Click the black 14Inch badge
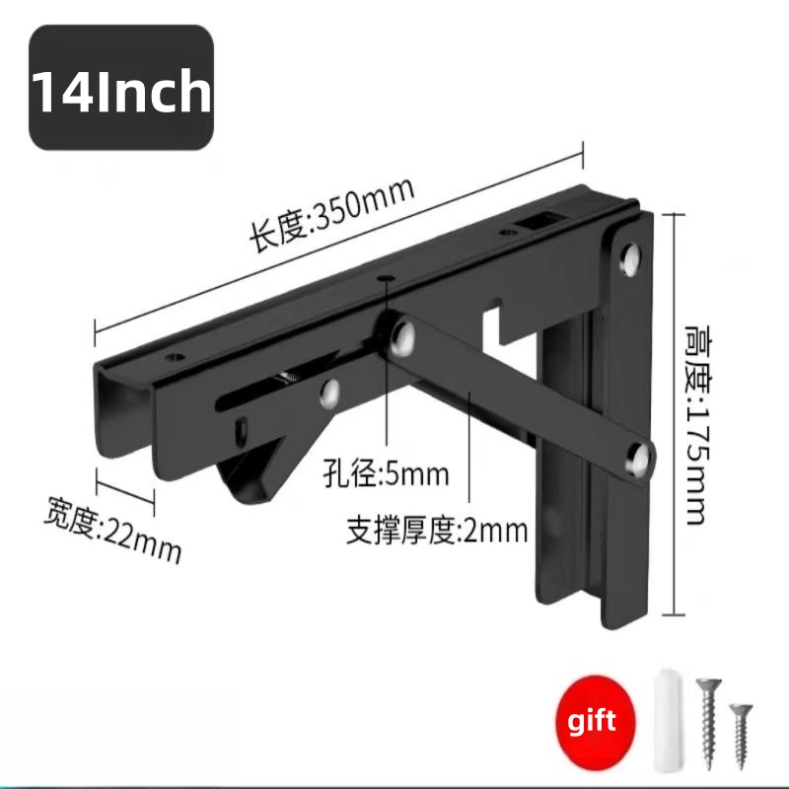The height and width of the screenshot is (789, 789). tap(121, 88)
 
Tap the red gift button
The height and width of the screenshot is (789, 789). tap(596, 720)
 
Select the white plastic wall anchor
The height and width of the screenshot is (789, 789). tap(668, 720)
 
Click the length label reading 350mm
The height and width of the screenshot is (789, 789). tap(332, 214)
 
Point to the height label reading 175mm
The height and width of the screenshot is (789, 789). tap(699, 425)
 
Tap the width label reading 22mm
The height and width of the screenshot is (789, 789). tap(112, 530)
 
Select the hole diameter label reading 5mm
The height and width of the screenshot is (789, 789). tap(386, 473)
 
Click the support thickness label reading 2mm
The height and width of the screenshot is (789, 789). tap(437, 531)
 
